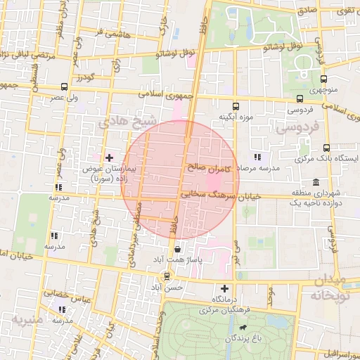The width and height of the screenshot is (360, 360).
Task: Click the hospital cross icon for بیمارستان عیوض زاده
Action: click(108, 157)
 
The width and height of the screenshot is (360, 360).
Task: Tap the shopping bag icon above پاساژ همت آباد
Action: click(177, 249)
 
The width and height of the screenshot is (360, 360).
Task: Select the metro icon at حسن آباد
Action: click(167, 276)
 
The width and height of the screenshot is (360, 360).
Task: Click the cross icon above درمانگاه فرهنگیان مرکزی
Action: click(224, 288)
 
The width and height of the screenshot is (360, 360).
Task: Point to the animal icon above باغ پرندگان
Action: click(243, 328)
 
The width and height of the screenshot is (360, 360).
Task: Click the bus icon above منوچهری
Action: click(323, 79)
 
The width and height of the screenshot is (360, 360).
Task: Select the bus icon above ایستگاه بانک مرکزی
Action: click(326, 148)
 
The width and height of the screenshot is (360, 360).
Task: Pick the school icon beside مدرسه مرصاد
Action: click(257, 157)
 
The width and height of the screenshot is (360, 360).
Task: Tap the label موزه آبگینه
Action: click(235, 116)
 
